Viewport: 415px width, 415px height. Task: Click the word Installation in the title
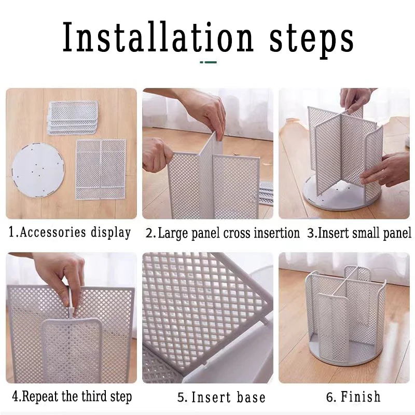click(x=158, y=37)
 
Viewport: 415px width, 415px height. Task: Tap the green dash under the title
click(x=209, y=62)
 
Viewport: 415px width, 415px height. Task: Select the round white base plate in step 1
click(x=38, y=169)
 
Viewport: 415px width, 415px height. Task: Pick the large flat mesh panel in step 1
click(x=101, y=169)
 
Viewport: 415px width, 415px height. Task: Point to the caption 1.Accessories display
click(x=70, y=232)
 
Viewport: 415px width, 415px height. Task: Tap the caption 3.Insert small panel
click(x=359, y=233)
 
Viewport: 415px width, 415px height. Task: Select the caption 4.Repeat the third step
click(x=72, y=396)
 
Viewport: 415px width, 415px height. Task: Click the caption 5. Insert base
click(x=222, y=397)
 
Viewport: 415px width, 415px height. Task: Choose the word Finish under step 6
click(x=361, y=396)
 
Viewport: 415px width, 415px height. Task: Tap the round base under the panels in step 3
click(x=341, y=196)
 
